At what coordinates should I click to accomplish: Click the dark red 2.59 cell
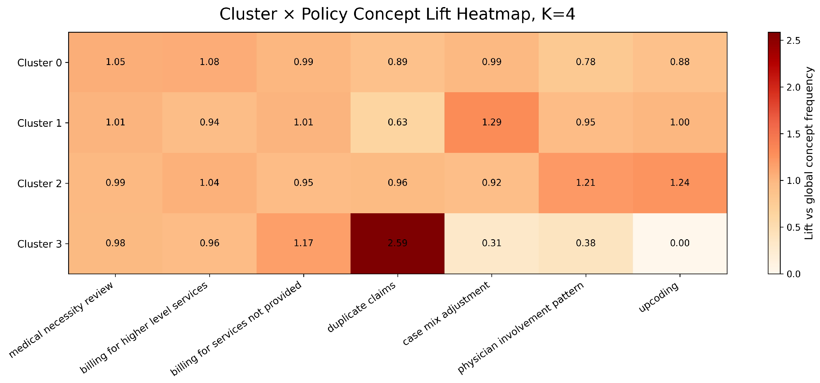[x=397, y=243]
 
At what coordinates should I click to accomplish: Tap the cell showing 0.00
[x=680, y=243]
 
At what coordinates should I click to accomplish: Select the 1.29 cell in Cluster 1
[x=491, y=122]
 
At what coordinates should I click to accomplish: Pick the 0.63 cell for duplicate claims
[x=397, y=122]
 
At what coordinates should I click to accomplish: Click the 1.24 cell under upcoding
[x=680, y=183]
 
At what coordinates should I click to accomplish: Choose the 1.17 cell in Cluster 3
[x=303, y=243]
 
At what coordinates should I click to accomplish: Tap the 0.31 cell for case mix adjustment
[x=491, y=243]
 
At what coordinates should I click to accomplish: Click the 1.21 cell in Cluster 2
[x=585, y=183]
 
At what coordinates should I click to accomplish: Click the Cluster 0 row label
[x=39, y=63]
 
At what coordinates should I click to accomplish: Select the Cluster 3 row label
[x=39, y=244]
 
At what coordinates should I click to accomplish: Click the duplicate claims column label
[x=362, y=307]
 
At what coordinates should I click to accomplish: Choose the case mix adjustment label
[x=446, y=313]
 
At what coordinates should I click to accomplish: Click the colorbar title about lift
[x=809, y=153]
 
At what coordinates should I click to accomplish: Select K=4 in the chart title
[x=558, y=14]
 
